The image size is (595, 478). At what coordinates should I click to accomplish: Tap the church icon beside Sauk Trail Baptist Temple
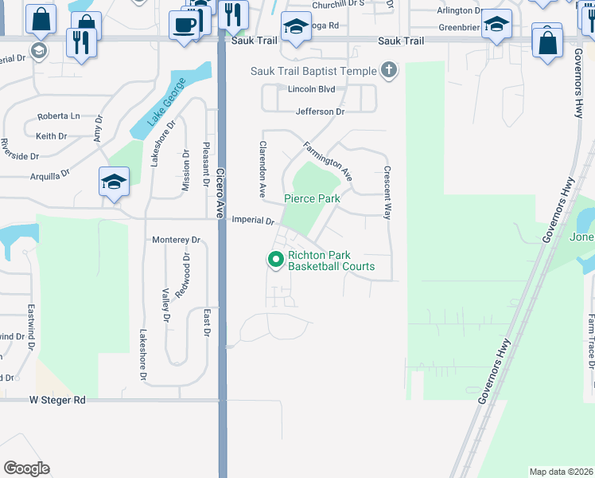coord(389,70)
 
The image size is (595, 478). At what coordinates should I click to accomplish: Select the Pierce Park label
coord(313,198)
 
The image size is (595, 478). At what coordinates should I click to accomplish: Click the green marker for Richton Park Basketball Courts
coord(276,260)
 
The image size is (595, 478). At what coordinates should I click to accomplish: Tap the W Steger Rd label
coord(57,400)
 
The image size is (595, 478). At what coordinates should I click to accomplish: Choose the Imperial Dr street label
coord(253,220)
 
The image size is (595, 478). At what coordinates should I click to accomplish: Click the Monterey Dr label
coord(176,240)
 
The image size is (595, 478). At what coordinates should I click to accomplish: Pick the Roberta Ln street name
coord(58,116)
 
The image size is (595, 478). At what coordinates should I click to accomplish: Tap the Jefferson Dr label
coord(320,112)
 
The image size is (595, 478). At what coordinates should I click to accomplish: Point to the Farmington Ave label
coord(327,161)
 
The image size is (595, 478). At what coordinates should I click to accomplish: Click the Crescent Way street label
coord(388,193)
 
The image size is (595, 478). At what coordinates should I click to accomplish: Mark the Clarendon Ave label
coord(261,170)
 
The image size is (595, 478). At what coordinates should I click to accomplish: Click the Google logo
coord(26,468)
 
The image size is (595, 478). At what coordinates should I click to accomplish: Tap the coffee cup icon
coord(185,25)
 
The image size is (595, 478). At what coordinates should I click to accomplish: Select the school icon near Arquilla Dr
coord(114,182)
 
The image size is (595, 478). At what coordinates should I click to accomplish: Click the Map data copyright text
coord(561,472)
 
